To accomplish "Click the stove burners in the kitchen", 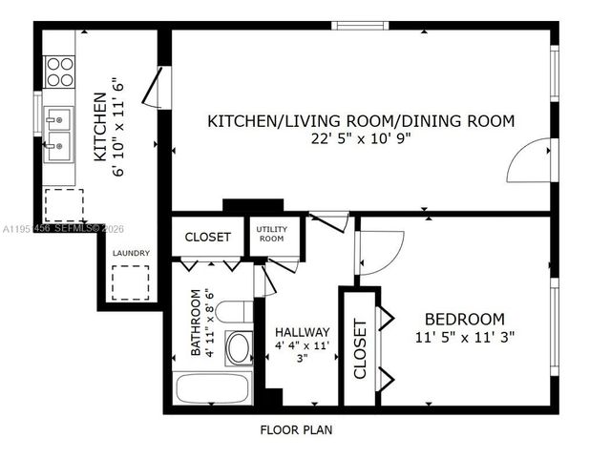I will click(x=60, y=72).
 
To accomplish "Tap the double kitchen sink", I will click(x=59, y=134).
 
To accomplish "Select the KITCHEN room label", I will click(x=99, y=125).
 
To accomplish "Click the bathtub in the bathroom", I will click(x=212, y=390).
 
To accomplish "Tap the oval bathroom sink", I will click(x=238, y=347).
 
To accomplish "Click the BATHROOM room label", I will click(x=196, y=323).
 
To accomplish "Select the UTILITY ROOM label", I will click(x=273, y=234).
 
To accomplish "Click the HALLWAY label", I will click(x=303, y=332).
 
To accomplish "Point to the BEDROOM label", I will click(x=465, y=319).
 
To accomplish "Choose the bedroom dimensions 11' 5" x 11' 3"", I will click(x=465, y=337).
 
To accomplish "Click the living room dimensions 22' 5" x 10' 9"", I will click(x=361, y=138).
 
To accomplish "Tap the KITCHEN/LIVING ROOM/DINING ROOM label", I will click(x=361, y=121).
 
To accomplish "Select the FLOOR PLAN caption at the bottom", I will click(x=296, y=429).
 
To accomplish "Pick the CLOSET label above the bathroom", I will click(x=207, y=237).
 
